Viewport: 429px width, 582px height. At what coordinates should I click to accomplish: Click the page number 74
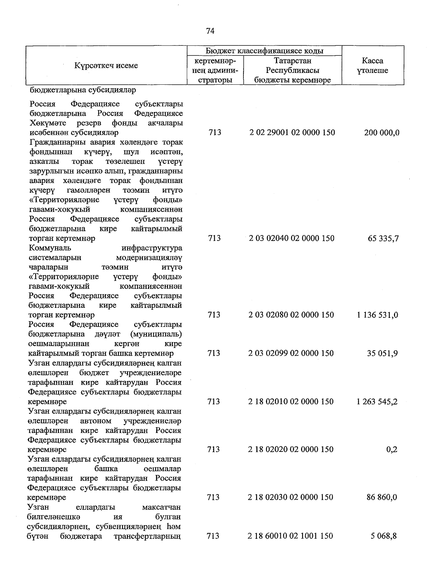click(x=210, y=31)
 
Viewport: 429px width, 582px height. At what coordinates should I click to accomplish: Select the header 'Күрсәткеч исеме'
click(x=106, y=66)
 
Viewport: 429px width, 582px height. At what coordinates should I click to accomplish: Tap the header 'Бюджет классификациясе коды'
click(x=265, y=51)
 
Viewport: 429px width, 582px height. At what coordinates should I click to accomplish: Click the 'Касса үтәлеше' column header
click(x=373, y=66)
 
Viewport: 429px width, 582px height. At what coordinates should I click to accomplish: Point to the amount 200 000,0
click(x=381, y=133)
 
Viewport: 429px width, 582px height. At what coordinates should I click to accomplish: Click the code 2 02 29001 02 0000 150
click(x=292, y=133)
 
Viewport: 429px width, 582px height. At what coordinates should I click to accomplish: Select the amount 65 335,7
click(x=383, y=238)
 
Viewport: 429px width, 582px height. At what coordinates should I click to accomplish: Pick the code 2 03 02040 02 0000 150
click(x=292, y=238)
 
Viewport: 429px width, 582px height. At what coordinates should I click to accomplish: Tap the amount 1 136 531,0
click(x=377, y=315)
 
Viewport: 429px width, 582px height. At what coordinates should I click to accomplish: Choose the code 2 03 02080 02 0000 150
click(x=291, y=315)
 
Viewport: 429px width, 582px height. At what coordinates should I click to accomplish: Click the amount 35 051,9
click(x=382, y=354)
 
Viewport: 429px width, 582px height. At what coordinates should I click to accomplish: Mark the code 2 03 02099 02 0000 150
click(x=291, y=353)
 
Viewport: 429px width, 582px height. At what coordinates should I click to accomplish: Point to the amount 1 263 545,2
click(x=377, y=401)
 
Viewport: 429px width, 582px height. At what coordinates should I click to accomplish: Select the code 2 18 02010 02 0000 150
click(x=291, y=401)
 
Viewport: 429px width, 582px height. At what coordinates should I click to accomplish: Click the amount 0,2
click(x=392, y=449)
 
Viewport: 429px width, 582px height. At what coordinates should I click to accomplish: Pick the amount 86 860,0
click(x=381, y=497)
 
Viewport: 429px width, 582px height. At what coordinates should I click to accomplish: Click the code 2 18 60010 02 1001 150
click(x=290, y=536)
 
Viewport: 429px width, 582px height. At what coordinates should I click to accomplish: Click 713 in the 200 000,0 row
click(x=214, y=133)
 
